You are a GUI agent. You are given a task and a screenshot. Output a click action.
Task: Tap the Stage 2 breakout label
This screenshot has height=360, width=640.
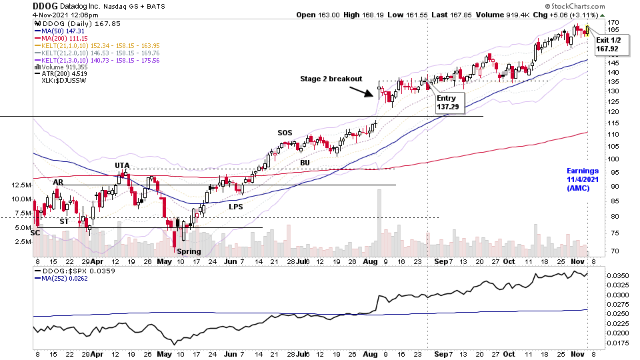click(331, 79)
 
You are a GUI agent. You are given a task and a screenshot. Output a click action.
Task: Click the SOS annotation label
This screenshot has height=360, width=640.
click(285, 133)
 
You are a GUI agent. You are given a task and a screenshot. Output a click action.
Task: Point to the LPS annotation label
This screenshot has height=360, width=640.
click(235, 206)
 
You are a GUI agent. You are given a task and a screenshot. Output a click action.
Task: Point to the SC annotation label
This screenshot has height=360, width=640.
click(36, 233)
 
